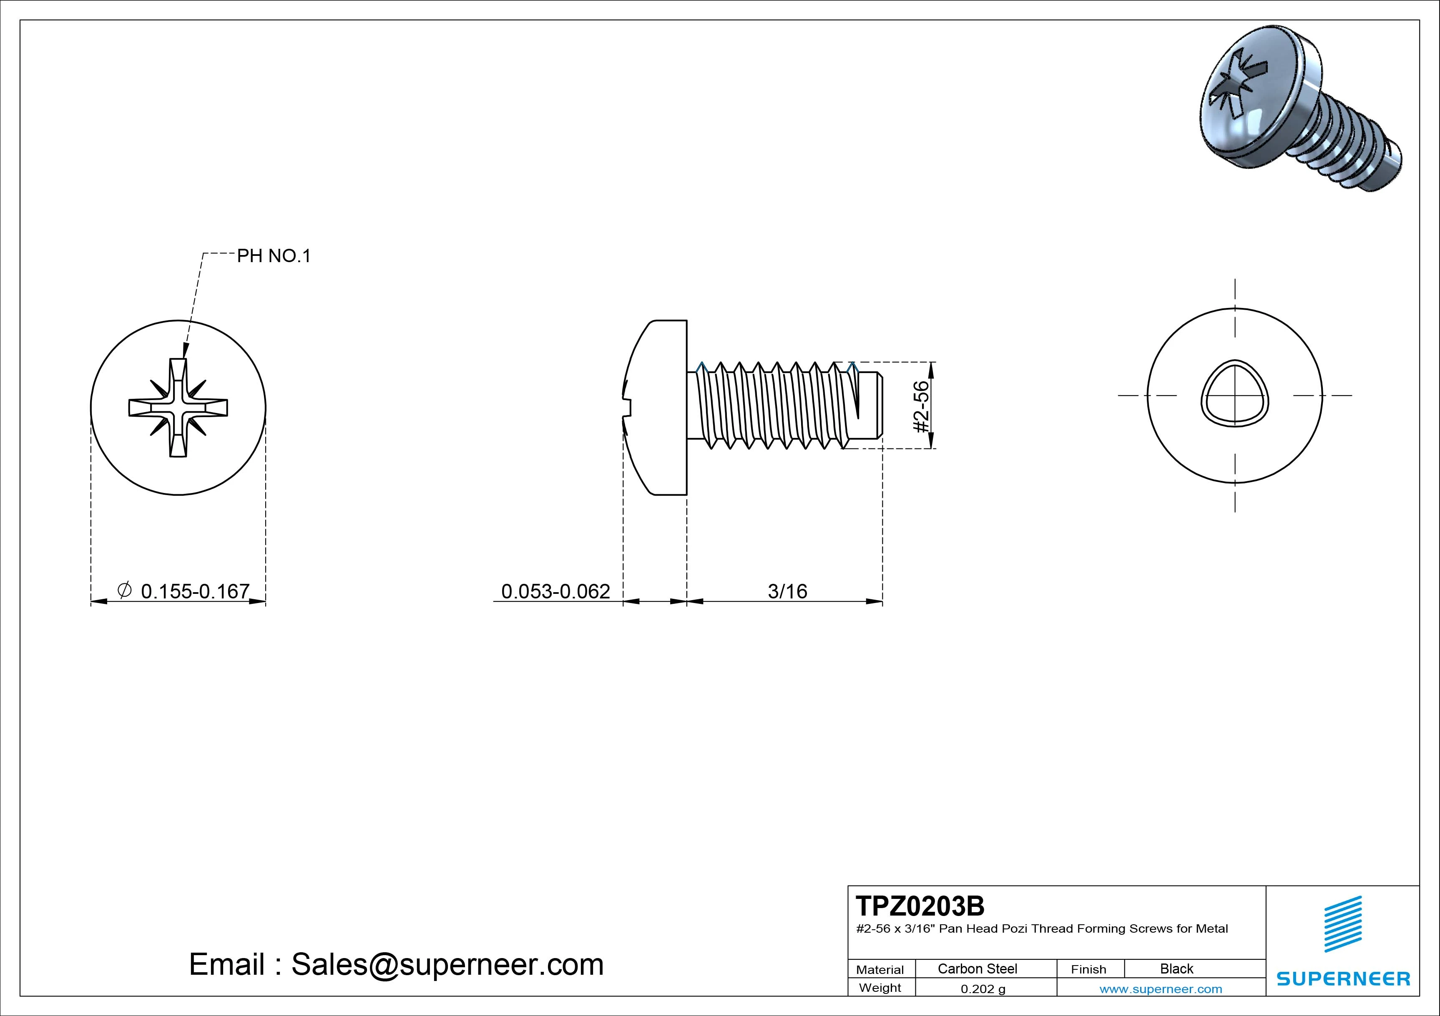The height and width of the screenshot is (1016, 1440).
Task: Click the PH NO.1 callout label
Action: pos(274,256)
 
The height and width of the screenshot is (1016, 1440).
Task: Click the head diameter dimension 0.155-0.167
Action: pos(195,591)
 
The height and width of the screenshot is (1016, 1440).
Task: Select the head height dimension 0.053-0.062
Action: pos(555,591)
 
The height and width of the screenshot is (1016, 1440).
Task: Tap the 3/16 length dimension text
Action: pos(788,591)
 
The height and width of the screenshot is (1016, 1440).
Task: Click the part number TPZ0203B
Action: pos(920,906)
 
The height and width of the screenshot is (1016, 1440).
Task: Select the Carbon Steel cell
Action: pos(977,968)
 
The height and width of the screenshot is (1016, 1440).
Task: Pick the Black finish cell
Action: pos(1176,968)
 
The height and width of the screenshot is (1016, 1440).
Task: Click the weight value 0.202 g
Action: pos(983,989)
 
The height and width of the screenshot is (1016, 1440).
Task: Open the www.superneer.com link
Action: pos(1161,989)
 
